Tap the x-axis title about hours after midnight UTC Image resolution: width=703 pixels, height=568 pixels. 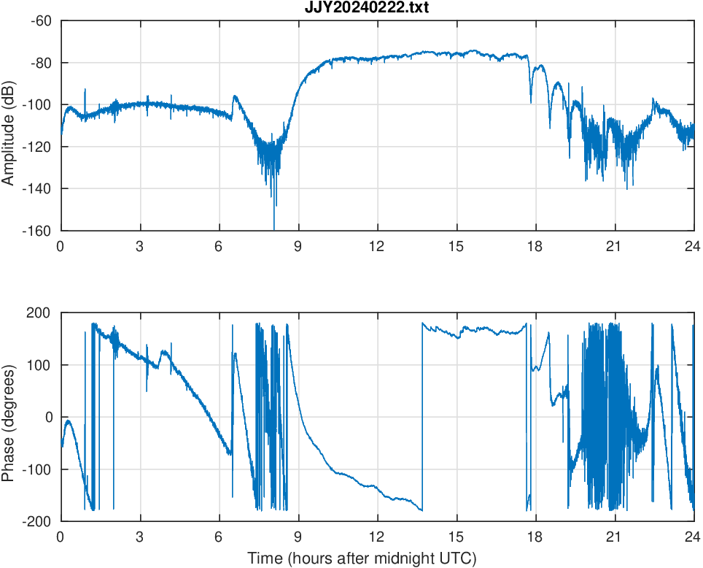[362, 559]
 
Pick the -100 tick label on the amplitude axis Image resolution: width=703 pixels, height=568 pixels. [39, 104]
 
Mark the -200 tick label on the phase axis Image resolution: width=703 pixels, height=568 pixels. [39, 521]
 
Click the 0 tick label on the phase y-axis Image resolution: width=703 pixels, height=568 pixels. [50, 417]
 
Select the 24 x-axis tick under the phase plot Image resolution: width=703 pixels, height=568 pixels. [693, 537]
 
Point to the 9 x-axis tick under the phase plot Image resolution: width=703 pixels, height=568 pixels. [298, 537]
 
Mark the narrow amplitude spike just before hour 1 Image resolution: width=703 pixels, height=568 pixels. [85, 91]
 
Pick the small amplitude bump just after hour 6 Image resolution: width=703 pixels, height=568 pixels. [235, 96]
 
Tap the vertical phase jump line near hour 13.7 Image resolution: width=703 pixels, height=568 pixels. [422, 416]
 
